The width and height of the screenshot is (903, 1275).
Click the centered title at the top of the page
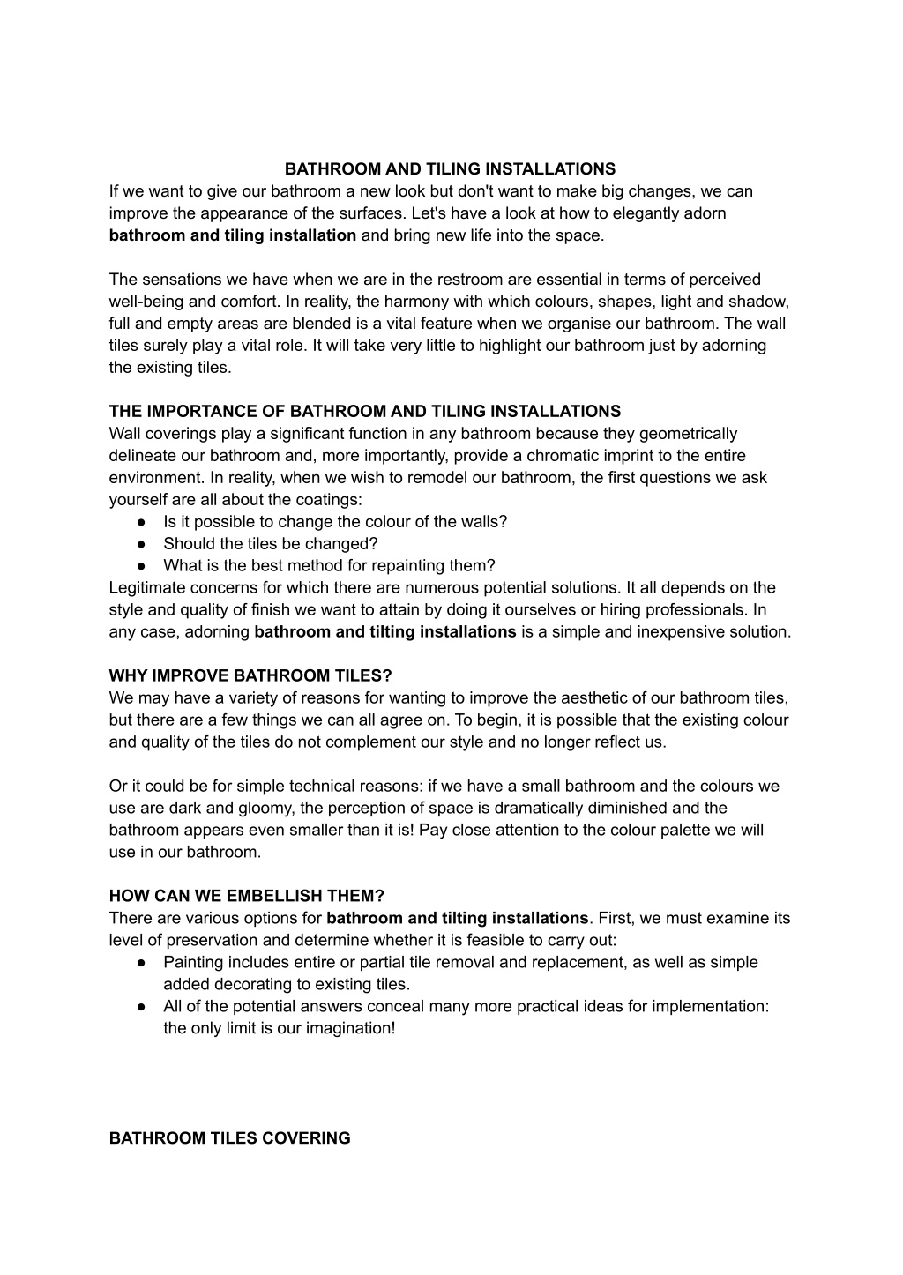(450, 168)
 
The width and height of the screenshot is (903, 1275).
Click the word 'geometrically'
(689, 434)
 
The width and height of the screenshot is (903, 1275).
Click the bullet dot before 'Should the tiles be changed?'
(141, 544)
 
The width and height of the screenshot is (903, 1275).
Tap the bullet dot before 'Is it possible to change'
(141, 522)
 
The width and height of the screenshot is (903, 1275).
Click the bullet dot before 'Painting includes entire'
(141, 963)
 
